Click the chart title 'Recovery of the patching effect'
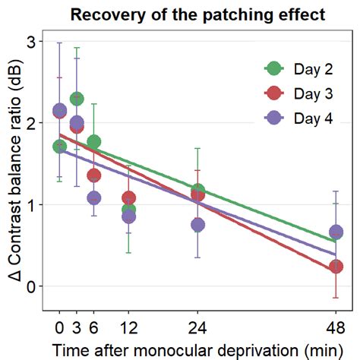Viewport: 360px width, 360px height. click(x=197, y=14)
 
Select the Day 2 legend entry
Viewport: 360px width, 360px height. click(x=304, y=68)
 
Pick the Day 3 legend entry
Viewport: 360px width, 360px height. click(x=304, y=93)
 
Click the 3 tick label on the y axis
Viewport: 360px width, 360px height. click(x=30, y=42)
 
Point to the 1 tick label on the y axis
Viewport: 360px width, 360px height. click(x=30, y=205)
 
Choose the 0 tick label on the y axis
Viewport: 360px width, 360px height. click(x=30, y=286)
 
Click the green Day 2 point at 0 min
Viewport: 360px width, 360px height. click(x=59, y=147)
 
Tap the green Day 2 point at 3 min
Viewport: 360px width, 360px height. click(x=77, y=99)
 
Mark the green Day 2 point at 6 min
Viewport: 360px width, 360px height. click(x=94, y=142)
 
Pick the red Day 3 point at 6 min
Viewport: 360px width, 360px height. click(x=94, y=175)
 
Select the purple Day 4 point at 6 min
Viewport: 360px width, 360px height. click(x=94, y=198)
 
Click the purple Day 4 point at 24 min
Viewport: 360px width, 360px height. click(x=197, y=225)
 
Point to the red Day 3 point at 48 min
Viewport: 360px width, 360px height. click(x=336, y=267)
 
